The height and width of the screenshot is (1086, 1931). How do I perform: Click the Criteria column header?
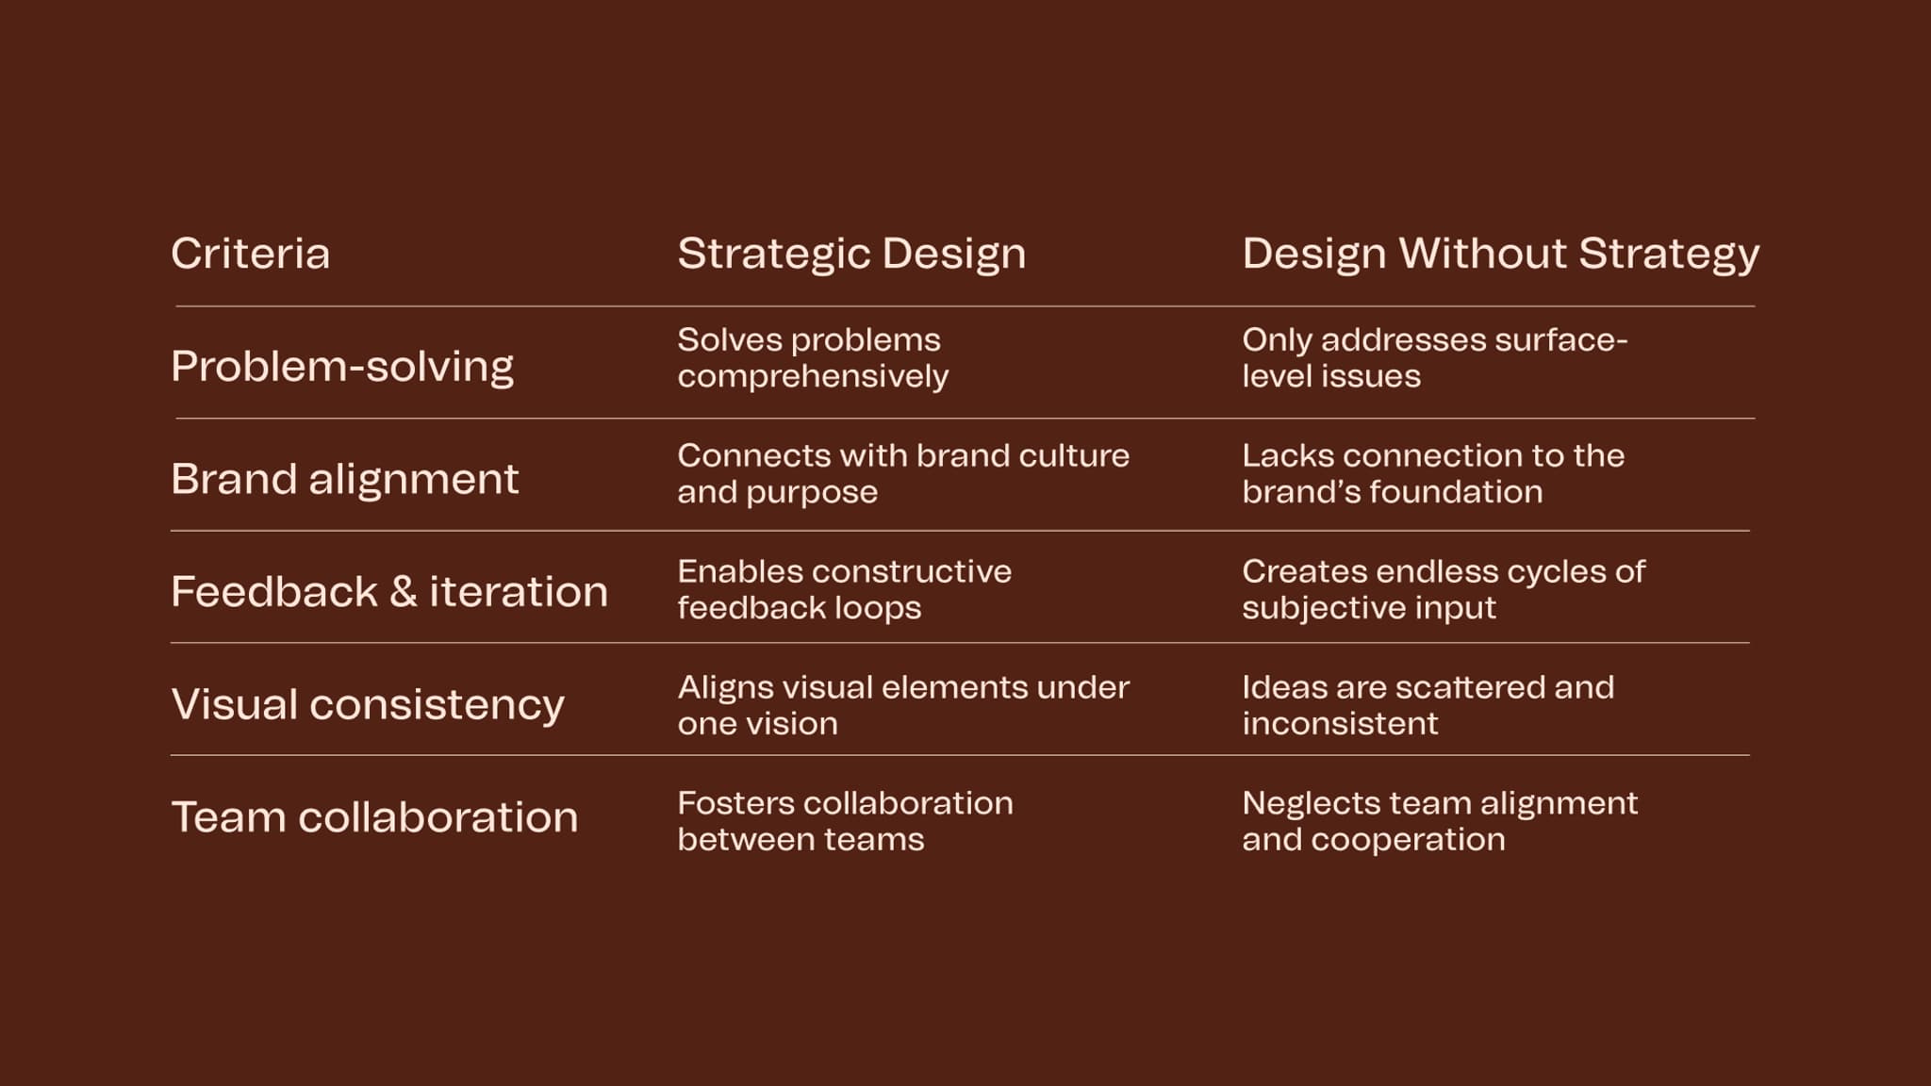point(250,254)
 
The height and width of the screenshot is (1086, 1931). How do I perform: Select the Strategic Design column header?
point(850,254)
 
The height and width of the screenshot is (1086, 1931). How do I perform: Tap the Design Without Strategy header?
point(1500,254)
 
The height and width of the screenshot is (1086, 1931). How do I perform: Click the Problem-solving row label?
point(342,366)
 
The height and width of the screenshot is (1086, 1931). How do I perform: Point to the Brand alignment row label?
point(344,479)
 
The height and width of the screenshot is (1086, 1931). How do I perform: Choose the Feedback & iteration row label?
point(389,591)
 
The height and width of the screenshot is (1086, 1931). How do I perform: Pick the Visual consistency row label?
point(368,704)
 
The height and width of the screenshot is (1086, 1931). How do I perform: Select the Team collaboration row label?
point(374,816)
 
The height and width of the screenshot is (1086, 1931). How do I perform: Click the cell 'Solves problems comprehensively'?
point(813,357)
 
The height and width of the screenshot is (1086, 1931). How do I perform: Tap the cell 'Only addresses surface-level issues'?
point(1434,357)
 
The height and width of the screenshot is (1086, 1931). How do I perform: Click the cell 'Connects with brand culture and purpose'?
point(902,473)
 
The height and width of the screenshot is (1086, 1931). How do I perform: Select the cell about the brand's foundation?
point(1432,473)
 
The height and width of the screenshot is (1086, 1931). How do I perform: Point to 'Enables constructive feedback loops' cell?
point(844,589)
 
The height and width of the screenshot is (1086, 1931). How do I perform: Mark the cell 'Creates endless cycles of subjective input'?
point(1443,589)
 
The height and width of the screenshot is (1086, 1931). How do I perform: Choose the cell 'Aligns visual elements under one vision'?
point(902,705)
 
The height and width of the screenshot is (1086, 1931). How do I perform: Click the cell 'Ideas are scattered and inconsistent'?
point(1428,705)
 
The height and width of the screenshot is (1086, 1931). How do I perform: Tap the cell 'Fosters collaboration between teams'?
point(845,821)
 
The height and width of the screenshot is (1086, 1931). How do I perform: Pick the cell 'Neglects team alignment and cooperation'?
point(1439,821)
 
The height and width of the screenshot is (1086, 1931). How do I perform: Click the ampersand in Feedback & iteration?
point(403,592)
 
